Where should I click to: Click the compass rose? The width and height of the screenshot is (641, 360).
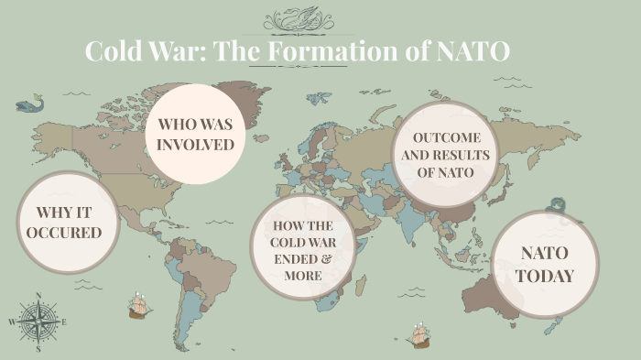38,322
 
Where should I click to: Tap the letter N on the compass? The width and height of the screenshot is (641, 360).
38,296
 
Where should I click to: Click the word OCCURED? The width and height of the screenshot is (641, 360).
63,233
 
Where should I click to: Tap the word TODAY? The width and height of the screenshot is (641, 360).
545,276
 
